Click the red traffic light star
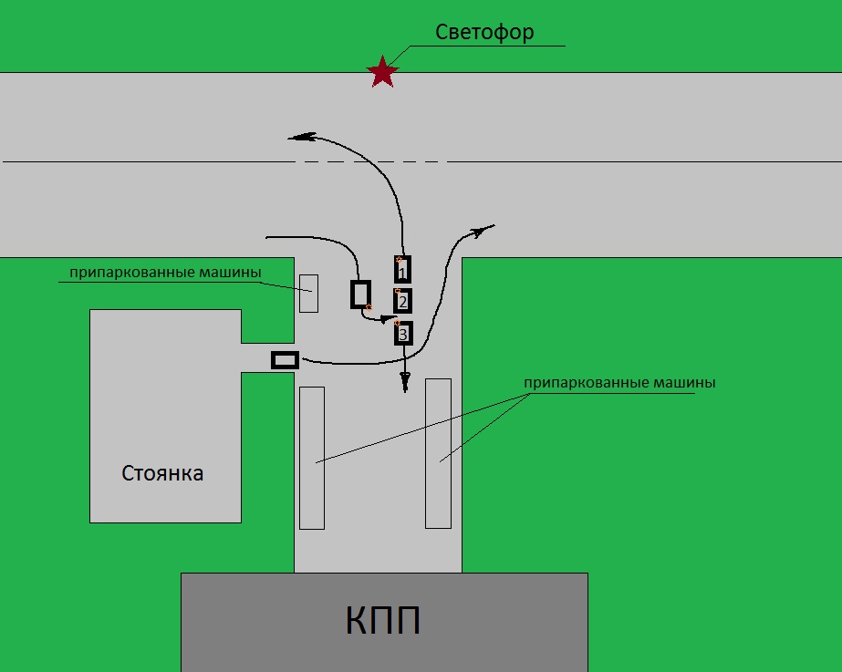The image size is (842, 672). [x=383, y=71]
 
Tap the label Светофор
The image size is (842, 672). [x=484, y=32]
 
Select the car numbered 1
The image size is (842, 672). [x=402, y=270]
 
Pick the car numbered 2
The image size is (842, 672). [x=402, y=301]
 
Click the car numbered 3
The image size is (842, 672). [x=403, y=333]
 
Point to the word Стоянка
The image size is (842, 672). [x=162, y=474]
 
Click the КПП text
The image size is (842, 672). [x=383, y=622]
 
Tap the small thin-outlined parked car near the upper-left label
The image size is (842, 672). [x=308, y=293]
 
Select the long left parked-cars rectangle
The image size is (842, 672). [x=312, y=458]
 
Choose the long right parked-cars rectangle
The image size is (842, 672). [x=438, y=453]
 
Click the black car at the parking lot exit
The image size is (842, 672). [x=285, y=360]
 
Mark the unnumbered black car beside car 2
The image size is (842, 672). [x=361, y=294]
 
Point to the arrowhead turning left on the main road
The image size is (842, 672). [x=301, y=138]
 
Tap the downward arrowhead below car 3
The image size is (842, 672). [x=405, y=382]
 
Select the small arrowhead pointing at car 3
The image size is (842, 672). [x=387, y=319]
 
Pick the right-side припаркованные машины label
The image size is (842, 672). [x=619, y=383]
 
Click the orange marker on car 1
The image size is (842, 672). [x=398, y=260]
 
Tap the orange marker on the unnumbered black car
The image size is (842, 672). [x=369, y=307]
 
